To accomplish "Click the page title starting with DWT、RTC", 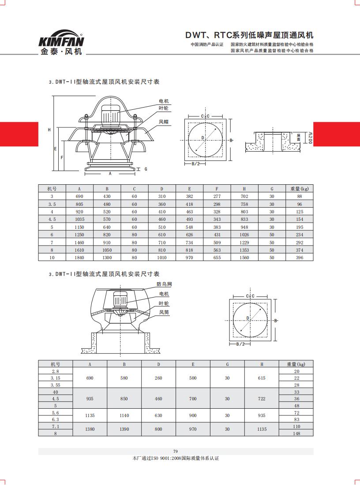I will (249, 35).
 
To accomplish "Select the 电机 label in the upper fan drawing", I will (164, 101).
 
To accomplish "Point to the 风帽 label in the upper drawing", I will (164, 121).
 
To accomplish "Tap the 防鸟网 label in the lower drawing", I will (164, 284).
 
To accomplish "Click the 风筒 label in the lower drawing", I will (164, 312).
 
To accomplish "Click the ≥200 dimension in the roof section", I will (310, 138).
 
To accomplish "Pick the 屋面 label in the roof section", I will (299, 137).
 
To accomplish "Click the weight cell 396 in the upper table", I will (300, 257).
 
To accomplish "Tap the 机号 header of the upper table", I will (52, 189).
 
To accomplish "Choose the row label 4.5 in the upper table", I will (52, 219).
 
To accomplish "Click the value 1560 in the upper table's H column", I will (244, 257).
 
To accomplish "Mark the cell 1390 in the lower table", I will (124, 429).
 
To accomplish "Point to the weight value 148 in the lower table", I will (296, 433).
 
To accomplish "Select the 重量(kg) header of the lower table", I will (296, 365).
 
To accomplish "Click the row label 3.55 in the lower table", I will (56, 385).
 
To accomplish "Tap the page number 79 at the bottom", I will (175, 451).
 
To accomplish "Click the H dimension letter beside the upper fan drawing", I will (49, 130).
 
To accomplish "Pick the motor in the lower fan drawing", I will (120, 301).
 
